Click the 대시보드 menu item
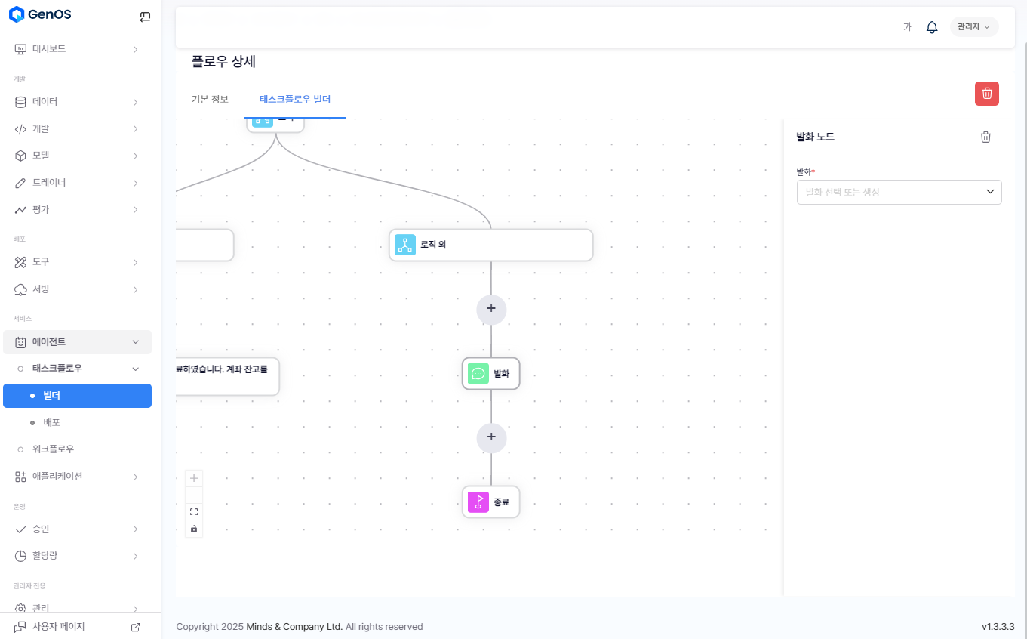pyautogui.click(x=49, y=49)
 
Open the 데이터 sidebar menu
pyautogui.click(x=45, y=102)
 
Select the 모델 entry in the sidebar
pyautogui.click(x=41, y=156)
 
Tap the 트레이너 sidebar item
pyautogui.click(x=49, y=183)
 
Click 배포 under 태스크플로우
pyautogui.click(x=51, y=422)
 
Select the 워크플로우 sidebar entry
pyautogui.click(x=53, y=449)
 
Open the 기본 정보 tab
pyautogui.click(x=210, y=100)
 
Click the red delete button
pyautogui.click(x=986, y=94)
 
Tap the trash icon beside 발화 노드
pyautogui.click(x=985, y=137)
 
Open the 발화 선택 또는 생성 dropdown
pyautogui.click(x=899, y=193)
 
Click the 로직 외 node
pyautogui.click(x=490, y=245)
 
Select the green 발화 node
pyautogui.click(x=491, y=374)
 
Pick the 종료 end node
pyautogui.click(x=491, y=502)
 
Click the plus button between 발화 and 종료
pyautogui.click(x=491, y=437)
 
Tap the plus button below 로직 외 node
pyautogui.click(x=491, y=309)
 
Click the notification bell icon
pyautogui.click(x=932, y=27)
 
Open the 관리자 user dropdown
pyautogui.click(x=973, y=27)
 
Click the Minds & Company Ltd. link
pyautogui.click(x=294, y=627)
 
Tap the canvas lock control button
pyautogui.click(x=194, y=529)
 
